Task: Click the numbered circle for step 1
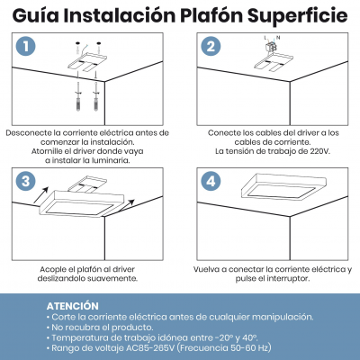click(x=26, y=46)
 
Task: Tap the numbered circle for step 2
click(x=211, y=46)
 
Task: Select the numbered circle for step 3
click(x=26, y=181)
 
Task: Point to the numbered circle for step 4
click(x=211, y=181)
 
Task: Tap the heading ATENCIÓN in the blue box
click(x=72, y=306)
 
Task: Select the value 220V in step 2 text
click(x=319, y=151)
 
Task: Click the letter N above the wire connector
click(x=278, y=38)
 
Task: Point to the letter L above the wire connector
click(x=265, y=38)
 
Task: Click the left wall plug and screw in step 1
click(x=78, y=96)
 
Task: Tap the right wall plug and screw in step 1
click(x=96, y=96)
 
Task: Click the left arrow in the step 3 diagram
click(x=41, y=194)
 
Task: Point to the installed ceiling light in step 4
click(x=283, y=187)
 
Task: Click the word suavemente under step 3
click(x=112, y=279)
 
